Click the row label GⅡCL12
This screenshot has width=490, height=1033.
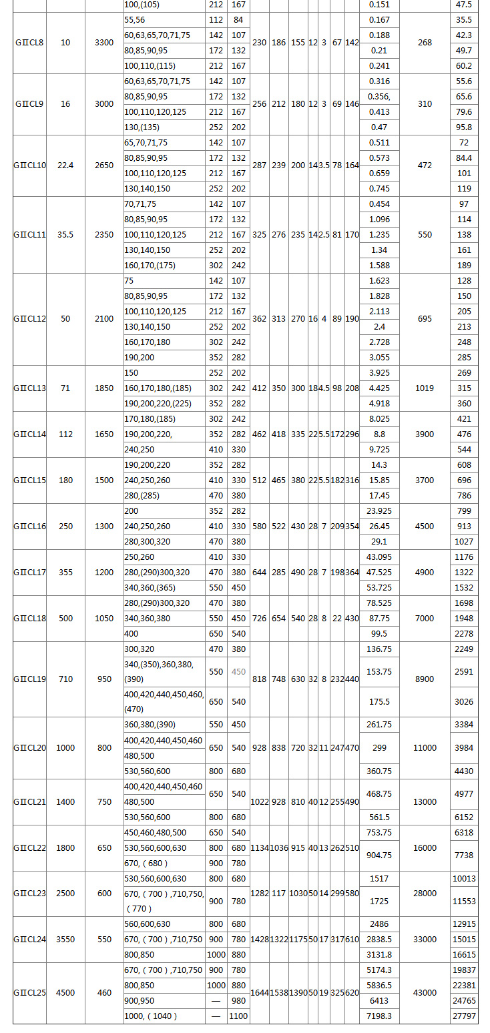click(29, 319)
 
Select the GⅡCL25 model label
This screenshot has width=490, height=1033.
click(29, 993)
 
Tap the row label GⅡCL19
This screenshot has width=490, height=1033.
click(29, 679)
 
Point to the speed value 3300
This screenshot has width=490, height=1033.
click(104, 43)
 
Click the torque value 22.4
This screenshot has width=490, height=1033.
click(65, 165)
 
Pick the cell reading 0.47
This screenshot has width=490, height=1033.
click(379, 127)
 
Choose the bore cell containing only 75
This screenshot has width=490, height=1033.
click(130, 281)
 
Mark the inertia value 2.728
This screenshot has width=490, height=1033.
click(379, 342)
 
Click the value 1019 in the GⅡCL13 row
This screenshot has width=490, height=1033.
click(425, 388)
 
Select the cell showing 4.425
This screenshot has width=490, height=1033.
click(379, 388)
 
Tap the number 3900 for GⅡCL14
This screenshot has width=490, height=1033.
click(425, 434)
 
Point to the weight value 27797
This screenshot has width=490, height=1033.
click(464, 1016)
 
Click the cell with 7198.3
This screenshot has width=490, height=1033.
click(379, 1016)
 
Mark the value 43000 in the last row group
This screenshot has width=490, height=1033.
click(425, 993)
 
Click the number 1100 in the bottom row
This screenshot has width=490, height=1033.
click(238, 1016)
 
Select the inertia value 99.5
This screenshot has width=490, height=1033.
click(379, 634)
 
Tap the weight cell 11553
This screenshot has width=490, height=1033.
click(464, 901)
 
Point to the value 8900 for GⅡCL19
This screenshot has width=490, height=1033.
click(425, 679)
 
